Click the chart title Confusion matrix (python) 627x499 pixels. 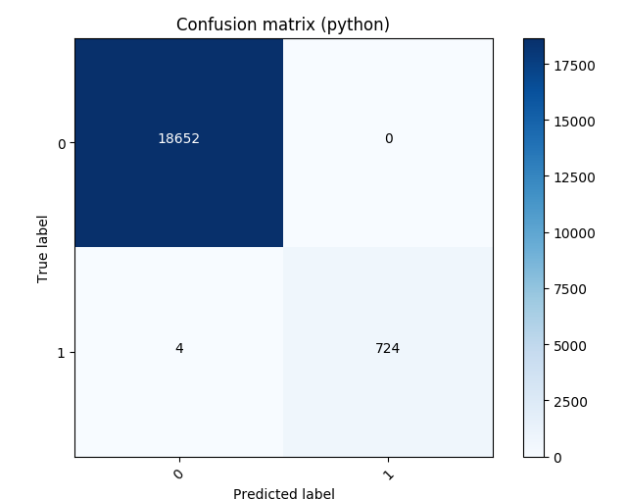[283, 25]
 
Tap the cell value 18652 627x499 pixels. [178, 139]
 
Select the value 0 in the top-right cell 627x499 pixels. [388, 139]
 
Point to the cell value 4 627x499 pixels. [178, 349]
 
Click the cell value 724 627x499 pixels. [388, 349]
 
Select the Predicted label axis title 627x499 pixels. [283, 494]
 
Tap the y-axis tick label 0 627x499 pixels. [62, 144]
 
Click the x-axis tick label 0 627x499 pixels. [177, 474]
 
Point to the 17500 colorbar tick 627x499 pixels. [574, 66]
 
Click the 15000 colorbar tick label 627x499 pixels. [574, 122]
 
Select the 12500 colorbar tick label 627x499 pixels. [574, 177]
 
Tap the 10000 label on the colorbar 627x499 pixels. [574, 233]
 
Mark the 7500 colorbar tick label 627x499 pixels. [571, 289]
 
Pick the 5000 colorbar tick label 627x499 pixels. [571, 345]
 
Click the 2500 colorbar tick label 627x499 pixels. [571, 401]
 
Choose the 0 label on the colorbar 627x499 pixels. [558, 457]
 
